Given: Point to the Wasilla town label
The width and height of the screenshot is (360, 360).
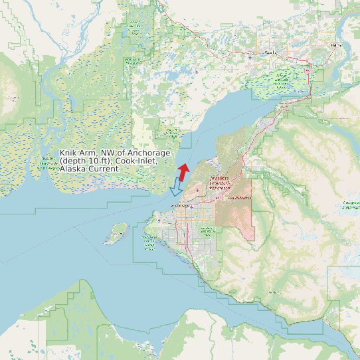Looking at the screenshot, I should (269, 51).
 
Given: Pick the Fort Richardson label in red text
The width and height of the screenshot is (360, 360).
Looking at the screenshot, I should (240, 198).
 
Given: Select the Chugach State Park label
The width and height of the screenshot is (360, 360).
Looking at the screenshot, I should (351, 205).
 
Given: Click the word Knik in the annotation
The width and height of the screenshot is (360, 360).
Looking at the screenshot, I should (68, 153).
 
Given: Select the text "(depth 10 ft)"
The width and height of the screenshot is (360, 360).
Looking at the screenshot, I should (84, 161).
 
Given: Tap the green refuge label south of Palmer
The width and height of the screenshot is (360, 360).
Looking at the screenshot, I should (282, 82).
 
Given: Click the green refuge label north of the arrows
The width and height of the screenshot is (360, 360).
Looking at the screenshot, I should (171, 132).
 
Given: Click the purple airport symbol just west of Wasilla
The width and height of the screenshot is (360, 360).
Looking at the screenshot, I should (250, 57).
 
